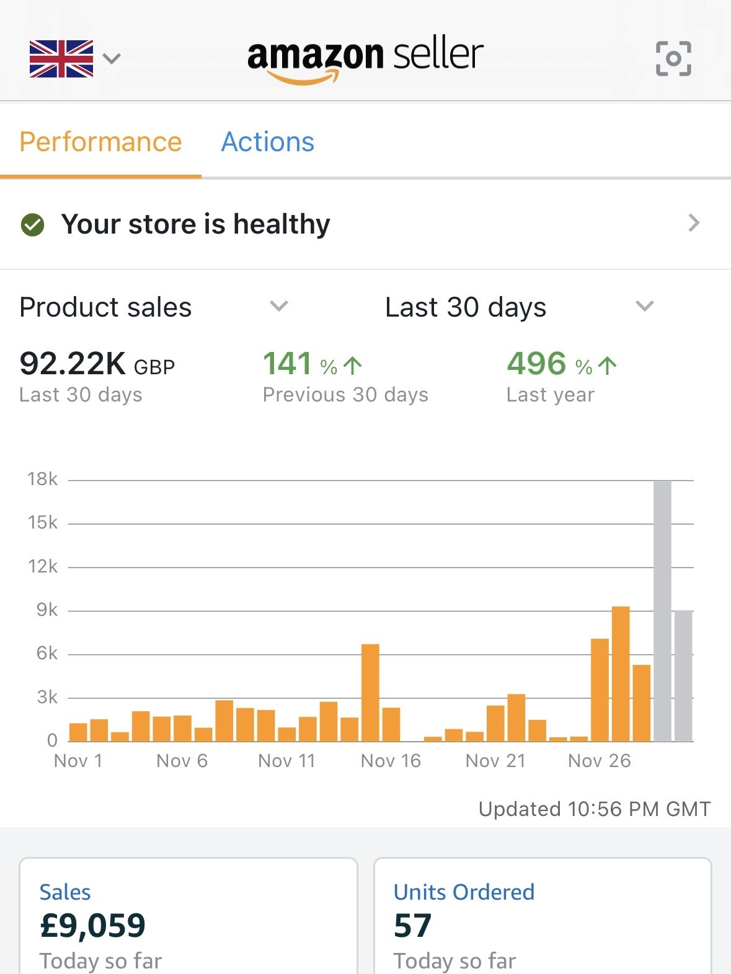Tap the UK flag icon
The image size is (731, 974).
pyautogui.click(x=61, y=59)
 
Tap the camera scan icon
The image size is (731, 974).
pyautogui.click(x=673, y=59)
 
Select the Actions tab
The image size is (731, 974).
pyautogui.click(x=268, y=142)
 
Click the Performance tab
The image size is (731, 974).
pyautogui.click(x=100, y=142)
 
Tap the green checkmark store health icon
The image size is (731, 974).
pyautogui.click(x=33, y=225)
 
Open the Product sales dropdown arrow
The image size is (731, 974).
pyautogui.click(x=279, y=306)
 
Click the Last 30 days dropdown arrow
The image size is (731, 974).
pyautogui.click(x=645, y=306)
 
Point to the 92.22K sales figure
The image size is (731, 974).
pyautogui.click(x=73, y=364)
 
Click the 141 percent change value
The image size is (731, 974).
pyautogui.click(x=287, y=364)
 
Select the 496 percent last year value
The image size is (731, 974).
pyautogui.click(x=536, y=364)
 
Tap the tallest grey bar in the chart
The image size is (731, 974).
pyautogui.click(x=662, y=610)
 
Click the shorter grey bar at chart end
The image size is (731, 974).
pyautogui.click(x=683, y=675)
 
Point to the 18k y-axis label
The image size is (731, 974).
pyautogui.click(x=43, y=479)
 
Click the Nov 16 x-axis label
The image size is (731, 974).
pyautogui.click(x=391, y=761)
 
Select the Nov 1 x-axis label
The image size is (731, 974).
pyautogui.click(x=78, y=761)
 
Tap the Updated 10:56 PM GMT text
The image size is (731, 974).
pyautogui.click(x=594, y=809)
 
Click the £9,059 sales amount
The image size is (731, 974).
pyautogui.click(x=92, y=926)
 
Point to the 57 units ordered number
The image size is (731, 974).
pyautogui.click(x=412, y=926)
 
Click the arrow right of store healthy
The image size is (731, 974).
pyautogui.click(x=694, y=223)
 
